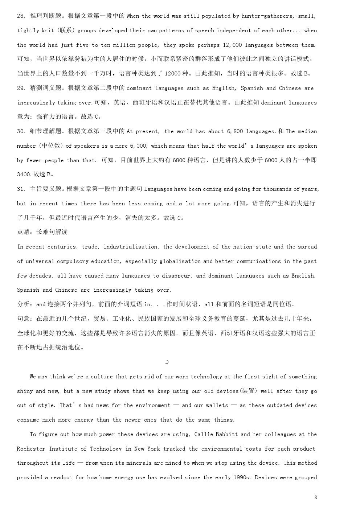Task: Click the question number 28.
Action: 21,16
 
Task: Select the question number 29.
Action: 21,88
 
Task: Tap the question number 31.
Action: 21,189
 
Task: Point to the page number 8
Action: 315,497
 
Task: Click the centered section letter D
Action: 167,362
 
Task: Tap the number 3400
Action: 24,175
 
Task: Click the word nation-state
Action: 252,247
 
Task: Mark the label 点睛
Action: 24,232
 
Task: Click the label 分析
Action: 24,304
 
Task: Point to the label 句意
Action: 24,319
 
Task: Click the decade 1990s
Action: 241,477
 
